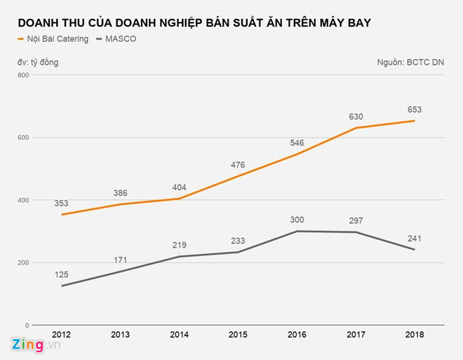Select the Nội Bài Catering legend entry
click(x=61, y=39)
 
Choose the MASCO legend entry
click(x=119, y=39)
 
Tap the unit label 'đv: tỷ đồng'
click(x=38, y=62)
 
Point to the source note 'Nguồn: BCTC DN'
click(x=410, y=62)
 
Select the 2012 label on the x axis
click(x=62, y=335)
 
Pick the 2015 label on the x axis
click(x=237, y=335)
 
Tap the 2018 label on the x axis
click(x=413, y=335)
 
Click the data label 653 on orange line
click(x=413, y=109)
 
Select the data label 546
click(x=296, y=142)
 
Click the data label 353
click(x=62, y=204)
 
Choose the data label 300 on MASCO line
click(x=296, y=220)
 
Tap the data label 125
click(x=62, y=274)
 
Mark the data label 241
click(x=413, y=238)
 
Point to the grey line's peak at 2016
click(x=296, y=231)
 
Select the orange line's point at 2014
click(x=179, y=199)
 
